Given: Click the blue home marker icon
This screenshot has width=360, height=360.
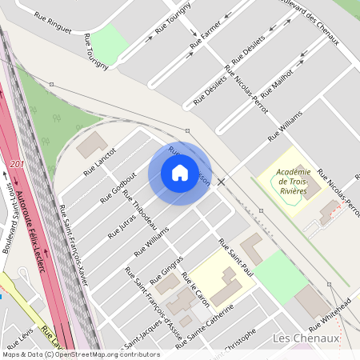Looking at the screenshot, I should pos(180,173).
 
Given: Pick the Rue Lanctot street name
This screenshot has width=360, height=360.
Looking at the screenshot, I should pos(101,162).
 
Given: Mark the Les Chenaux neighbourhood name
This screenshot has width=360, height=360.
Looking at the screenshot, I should pos(306,338).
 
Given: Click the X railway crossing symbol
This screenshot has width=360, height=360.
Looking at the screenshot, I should pos(222,182).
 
